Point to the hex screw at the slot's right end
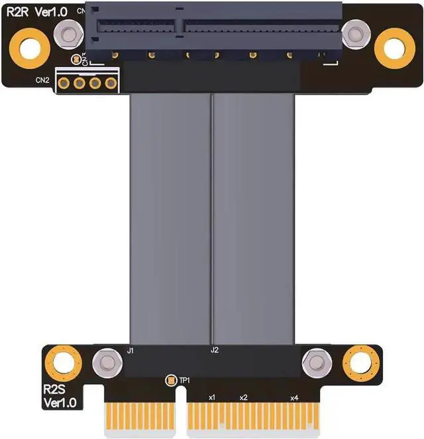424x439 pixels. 355,32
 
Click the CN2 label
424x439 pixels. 42,81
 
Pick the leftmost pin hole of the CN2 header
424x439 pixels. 65,84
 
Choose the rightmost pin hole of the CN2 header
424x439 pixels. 110,84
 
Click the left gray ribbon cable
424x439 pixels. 170,219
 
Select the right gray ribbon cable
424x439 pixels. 254,219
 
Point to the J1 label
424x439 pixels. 131,349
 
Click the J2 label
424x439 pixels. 214,349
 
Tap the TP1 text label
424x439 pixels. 185,380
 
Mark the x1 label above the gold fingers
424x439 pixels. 211,397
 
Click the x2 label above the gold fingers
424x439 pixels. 243,397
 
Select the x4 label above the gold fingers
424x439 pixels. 294,397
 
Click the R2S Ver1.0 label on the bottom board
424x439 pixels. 60,395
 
